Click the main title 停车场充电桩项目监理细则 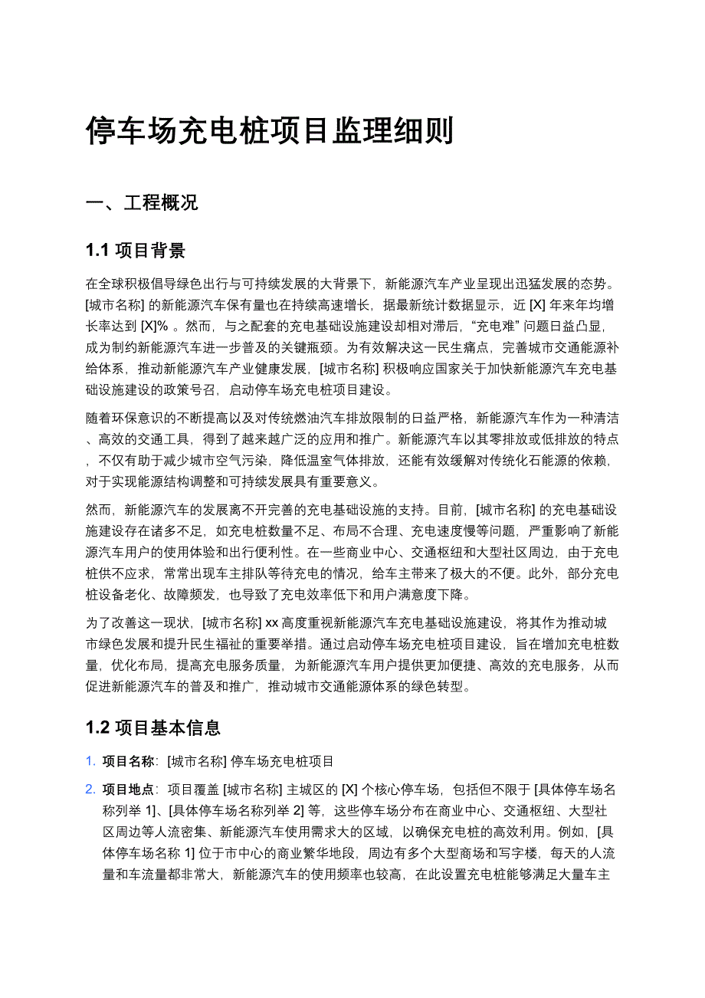click(x=270, y=131)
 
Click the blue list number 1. click(x=90, y=761)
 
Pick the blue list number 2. click(x=90, y=790)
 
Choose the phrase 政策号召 click(x=191, y=389)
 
